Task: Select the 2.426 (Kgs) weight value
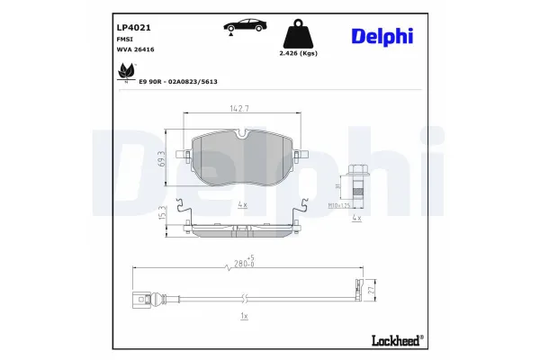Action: [301, 54]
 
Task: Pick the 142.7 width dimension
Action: [239, 109]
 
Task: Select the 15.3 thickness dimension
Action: [163, 215]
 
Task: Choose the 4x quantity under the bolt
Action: [355, 219]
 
